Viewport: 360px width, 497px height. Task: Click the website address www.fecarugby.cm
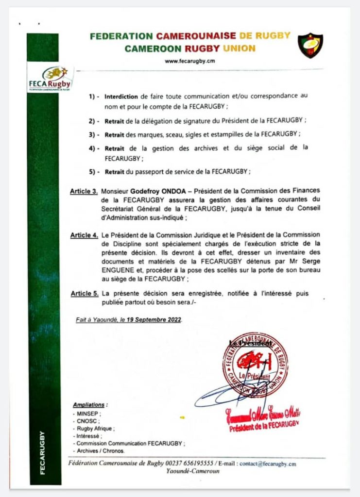(x=189, y=61)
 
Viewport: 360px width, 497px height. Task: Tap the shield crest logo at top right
(x=310, y=45)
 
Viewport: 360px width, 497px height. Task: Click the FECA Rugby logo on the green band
(x=50, y=78)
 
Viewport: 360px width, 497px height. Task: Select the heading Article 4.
(x=84, y=235)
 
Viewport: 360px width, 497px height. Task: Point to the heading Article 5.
(x=84, y=294)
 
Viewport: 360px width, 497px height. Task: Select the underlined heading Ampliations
(x=90, y=404)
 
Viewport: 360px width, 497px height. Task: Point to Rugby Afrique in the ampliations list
(x=95, y=429)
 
